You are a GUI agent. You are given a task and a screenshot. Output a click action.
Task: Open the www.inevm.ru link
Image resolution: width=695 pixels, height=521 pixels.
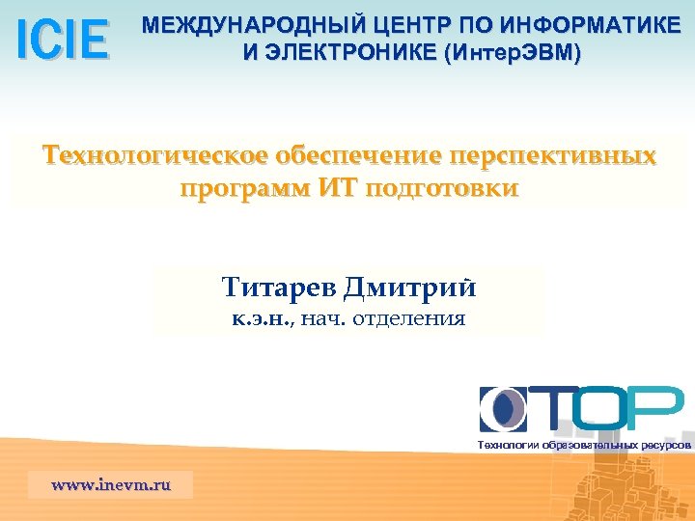point(110,484)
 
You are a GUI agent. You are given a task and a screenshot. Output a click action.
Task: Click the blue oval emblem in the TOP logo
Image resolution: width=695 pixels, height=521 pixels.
point(503,408)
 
